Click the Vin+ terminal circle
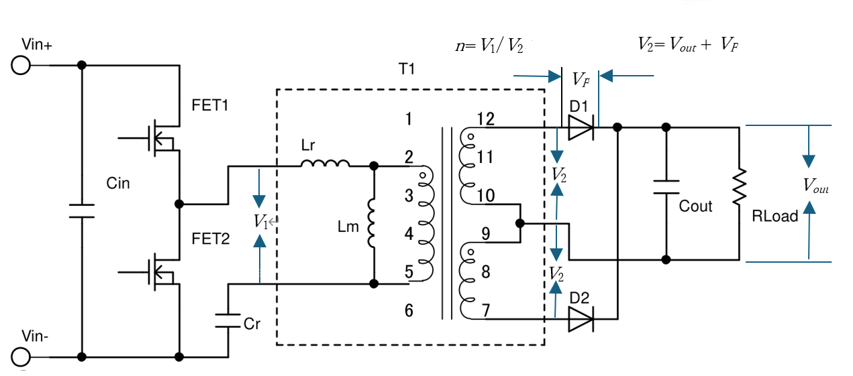pyautogui.click(x=20, y=66)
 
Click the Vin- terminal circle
pyautogui.click(x=20, y=356)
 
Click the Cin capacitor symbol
pyautogui.click(x=82, y=210)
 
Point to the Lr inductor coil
pyautogui.click(x=325, y=164)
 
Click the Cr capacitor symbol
pyautogui.click(x=228, y=320)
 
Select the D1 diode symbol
pyautogui.click(x=580, y=127)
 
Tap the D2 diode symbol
pyautogui.click(x=581, y=320)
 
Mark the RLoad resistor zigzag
pyautogui.click(x=739, y=188)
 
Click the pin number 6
pyautogui.click(x=409, y=310)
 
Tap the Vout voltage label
pyautogui.click(x=816, y=187)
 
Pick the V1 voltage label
pyautogui.click(x=261, y=222)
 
